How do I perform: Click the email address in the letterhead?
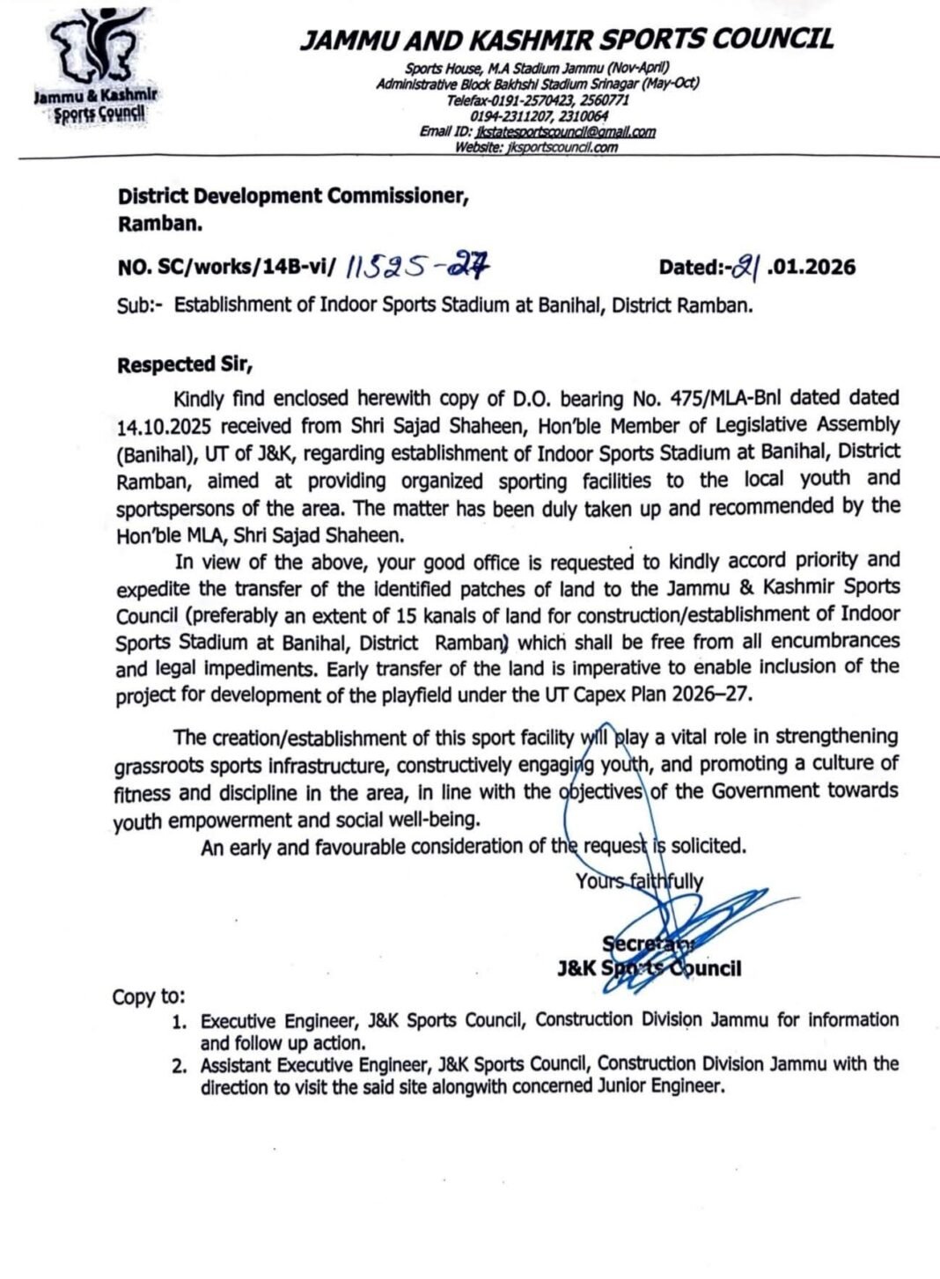click(563, 132)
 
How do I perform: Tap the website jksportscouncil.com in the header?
click(562, 147)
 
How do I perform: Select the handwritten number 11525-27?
click(417, 265)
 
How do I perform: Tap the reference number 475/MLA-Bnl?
click(701, 400)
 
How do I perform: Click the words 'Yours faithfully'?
click(639, 881)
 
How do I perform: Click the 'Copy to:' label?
click(149, 996)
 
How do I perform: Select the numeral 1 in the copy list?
click(179, 1022)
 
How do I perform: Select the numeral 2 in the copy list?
click(179, 1066)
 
